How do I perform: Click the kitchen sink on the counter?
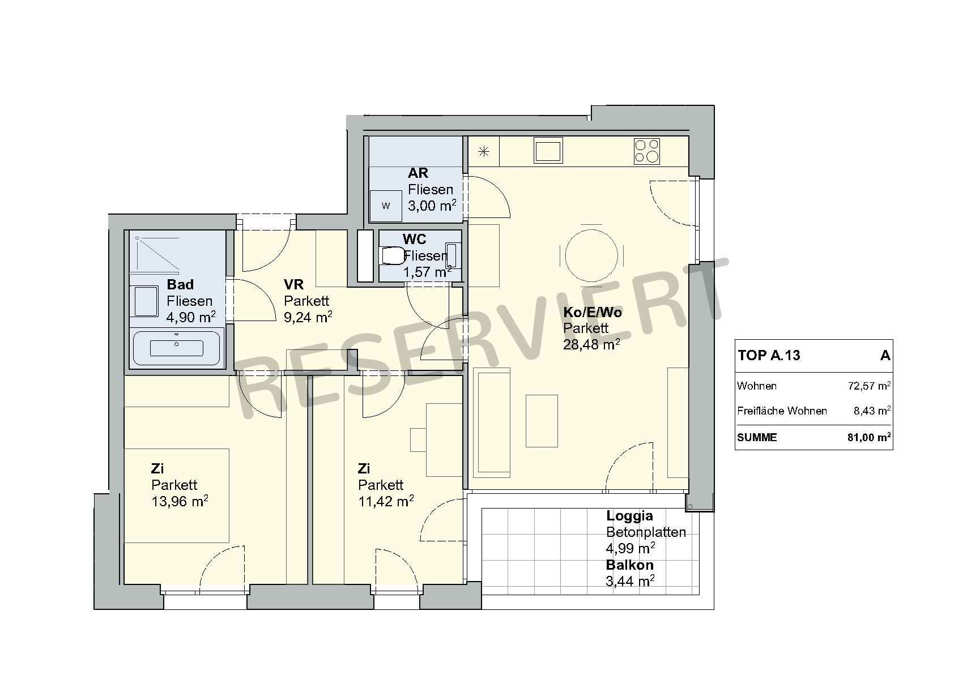548,151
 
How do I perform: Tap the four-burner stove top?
647,151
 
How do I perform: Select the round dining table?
591,255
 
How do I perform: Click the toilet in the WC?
392,255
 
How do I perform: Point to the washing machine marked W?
386,206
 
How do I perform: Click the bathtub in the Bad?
177,348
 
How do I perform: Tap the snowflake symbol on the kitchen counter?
484,152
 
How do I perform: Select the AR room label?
418,173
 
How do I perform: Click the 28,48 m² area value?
591,344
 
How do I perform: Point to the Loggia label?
629,515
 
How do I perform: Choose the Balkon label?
630,565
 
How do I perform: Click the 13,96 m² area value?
180,501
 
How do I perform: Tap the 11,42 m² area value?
386,501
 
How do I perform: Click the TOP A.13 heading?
769,355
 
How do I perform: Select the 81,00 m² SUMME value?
869,437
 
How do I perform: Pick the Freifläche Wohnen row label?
782,411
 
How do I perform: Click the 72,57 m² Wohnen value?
870,386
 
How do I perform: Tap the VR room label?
293,284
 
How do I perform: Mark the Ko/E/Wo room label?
593,312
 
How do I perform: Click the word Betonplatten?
646,532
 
